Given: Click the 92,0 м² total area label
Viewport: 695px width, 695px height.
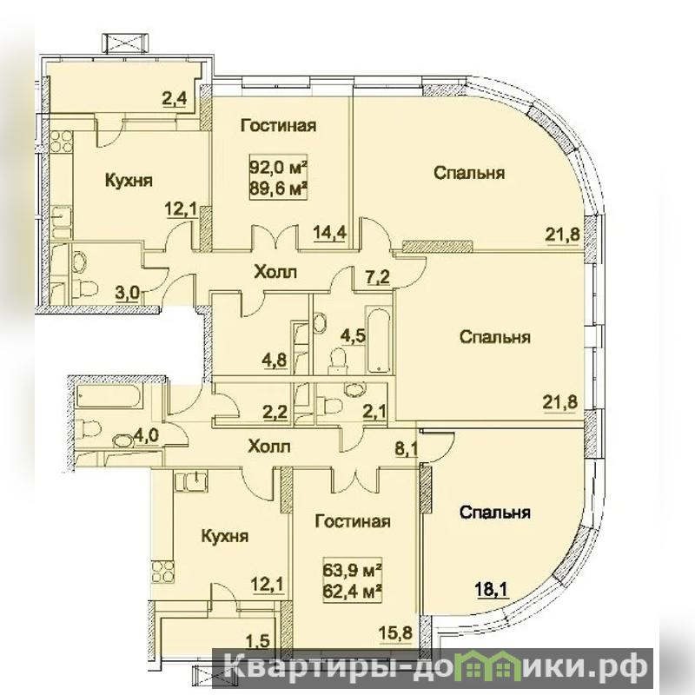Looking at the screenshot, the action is (279, 168).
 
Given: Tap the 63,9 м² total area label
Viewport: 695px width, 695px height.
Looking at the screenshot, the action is (353, 570).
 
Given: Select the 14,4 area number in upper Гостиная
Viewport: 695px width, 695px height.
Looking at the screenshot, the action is (330, 231).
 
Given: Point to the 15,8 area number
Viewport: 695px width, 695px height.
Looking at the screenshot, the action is (397, 632).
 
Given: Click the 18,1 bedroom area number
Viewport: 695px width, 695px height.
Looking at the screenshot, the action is (493, 590).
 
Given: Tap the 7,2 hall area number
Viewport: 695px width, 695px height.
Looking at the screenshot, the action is (378, 277).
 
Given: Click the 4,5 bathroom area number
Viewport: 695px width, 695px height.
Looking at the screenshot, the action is (354, 335).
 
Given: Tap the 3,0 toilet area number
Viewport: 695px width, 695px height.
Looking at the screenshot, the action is (127, 292).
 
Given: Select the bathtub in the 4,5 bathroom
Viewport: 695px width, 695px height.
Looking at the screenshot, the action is (378, 339).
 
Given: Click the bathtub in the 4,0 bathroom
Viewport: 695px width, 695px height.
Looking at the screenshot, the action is (109, 396).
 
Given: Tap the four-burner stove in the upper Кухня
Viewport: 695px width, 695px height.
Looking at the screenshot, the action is (61, 142).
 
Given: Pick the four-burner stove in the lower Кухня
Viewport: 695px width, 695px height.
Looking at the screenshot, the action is (162, 573).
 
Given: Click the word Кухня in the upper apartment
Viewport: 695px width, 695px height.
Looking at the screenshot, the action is (129, 181).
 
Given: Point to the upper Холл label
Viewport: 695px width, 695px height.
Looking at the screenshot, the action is (275, 272).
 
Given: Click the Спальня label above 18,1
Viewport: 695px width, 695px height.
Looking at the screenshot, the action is (494, 513).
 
